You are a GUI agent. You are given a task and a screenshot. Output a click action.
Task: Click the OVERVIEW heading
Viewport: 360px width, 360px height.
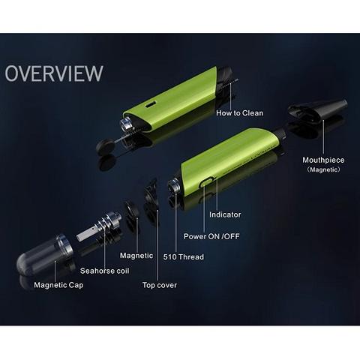pyautogui.click(x=53, y=74)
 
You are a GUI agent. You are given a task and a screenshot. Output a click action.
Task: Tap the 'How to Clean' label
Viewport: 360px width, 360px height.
pyautogui.click(x=239, y=114)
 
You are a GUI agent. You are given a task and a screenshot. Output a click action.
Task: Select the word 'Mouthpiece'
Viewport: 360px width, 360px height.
pyautogui.click(x=323, y=160)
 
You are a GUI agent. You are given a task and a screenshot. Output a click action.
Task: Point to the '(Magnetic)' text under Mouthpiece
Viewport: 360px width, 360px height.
pyautogui.click(x=323, y=170)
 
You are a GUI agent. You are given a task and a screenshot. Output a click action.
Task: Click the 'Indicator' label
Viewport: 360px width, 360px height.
pyautogui.click(x=225, y=214)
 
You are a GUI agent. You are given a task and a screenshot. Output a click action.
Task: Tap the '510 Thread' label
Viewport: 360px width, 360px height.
pyautogui.click(x=184, y=256)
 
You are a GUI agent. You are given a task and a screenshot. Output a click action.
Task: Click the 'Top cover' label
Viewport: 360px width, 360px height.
pyautogui.click(x=159, y=285)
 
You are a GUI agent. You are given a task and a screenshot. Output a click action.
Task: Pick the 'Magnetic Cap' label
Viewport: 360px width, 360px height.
pyautogui.click(x=58, y=285)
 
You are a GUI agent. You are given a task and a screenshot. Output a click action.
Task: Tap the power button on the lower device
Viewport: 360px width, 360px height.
pyautogui.click(x=205, y=183)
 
